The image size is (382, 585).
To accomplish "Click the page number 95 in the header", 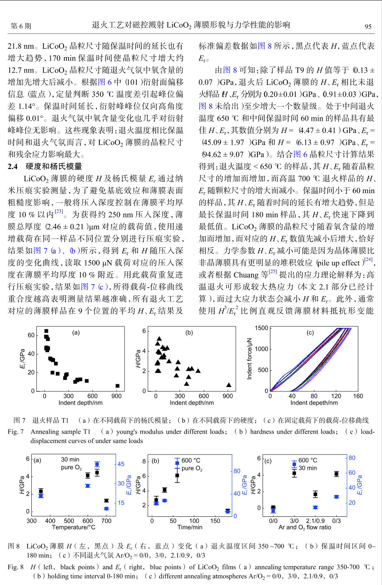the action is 368,26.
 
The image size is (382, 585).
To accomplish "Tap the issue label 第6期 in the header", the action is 21,26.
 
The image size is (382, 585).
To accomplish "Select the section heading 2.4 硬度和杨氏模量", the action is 45,166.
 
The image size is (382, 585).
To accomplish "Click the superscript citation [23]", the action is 59,211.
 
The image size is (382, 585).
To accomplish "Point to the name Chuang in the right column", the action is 246,275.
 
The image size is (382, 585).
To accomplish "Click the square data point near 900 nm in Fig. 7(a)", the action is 117,386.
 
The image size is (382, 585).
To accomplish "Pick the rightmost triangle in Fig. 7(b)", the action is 229,385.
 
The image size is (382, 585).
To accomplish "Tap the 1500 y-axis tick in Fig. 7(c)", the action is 261,328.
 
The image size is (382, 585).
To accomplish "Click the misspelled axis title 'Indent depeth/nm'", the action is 314,403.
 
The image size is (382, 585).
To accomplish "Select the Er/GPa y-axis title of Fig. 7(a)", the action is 23,359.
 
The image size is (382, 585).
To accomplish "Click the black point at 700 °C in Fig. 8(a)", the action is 106,501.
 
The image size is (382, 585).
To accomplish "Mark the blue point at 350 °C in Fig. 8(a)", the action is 41,496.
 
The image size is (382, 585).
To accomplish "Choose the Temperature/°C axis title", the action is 74,527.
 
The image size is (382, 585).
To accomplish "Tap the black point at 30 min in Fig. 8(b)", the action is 164,490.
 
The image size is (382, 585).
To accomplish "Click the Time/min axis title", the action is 190,527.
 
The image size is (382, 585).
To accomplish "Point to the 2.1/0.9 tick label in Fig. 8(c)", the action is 316,521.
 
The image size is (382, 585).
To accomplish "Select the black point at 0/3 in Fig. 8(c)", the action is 336,474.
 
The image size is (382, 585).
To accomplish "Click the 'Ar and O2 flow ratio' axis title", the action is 305,527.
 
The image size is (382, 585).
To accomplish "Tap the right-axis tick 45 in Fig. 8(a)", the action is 121,464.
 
